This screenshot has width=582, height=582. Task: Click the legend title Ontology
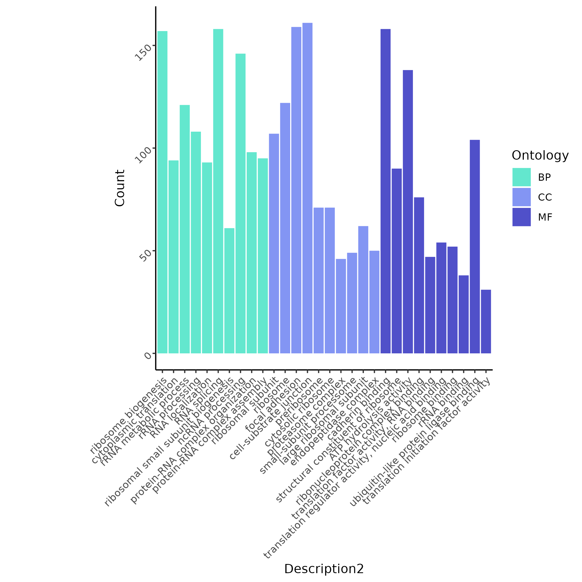click(x=540, y=155)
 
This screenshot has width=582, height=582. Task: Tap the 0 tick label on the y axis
click(x=148, y=356)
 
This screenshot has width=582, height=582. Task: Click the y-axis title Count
click(x=120, y=188)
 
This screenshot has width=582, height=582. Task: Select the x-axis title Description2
click(x=324, y=569)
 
